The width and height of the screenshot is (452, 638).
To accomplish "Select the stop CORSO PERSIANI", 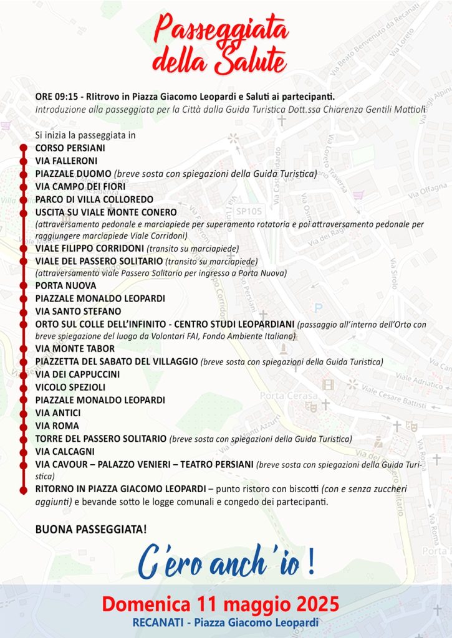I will click(70, 148).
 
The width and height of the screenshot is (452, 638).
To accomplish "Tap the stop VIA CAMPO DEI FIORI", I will click(80, 186).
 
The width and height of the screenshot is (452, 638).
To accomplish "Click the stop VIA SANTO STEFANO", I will click(78, 311).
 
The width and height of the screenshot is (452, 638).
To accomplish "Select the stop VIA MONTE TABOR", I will click(75, 349).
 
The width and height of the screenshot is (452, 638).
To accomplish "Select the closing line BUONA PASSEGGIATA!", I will click(91, 530).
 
